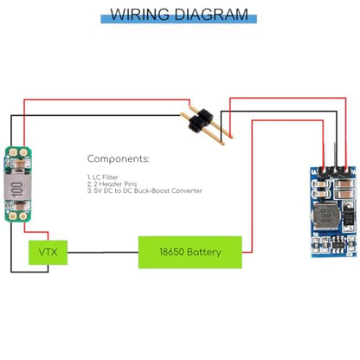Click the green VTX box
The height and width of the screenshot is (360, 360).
pyautogui.click(x=48, y=253)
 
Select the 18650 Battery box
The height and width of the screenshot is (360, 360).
pyautogui.click(x=190, y=253)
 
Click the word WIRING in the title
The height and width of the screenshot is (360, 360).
pyautogui.click(x=139, y=15)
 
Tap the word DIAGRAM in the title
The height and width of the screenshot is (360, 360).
pyautogui.click(x=211, y=15)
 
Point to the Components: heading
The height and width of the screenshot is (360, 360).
pyautogui.click(x=119, y=158)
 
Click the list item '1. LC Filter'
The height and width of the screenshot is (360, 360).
pyautogui.click(x=103, y=177)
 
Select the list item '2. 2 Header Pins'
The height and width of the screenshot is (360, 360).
pyautogui.click(x=112, y=183)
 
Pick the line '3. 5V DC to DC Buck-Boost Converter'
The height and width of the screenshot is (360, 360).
pyautogui.click(x=145, y=190)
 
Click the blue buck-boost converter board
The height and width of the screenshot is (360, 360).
pyautogui.click(x=333, y=211)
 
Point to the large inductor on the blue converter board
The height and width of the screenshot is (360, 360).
pyautogui.click(x=326, y=215)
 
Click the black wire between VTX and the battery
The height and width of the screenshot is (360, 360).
pyautogui.click(x=103, y=253)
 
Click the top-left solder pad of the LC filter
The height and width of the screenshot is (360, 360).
pyautogui.click(x=12, y=152)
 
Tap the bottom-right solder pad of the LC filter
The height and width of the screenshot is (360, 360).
pyautogui.click(x=23, y=215)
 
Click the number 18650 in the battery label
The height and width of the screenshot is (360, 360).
pyautogui.click(x=171, y=252)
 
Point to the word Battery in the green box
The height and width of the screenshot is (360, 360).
pyautogui.click(x=204, y=253)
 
